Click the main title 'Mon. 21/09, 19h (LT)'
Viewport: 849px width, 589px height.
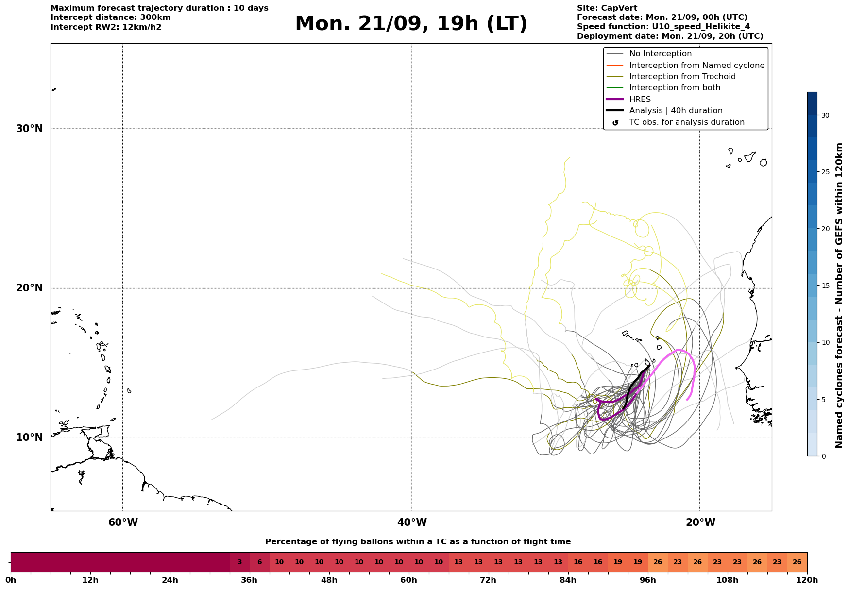[x=411, y=24]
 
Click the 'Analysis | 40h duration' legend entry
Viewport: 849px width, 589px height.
[x=664, y=111]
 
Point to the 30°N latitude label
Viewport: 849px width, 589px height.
[x=29, y=129]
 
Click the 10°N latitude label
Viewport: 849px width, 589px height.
[x=29, y=438]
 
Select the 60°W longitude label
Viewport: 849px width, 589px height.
[x=123, y=522]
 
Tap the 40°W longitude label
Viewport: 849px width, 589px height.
[x=412, y=522]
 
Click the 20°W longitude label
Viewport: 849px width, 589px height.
[x=700, y=522]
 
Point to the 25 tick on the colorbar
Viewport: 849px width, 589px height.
[x=825, y=172]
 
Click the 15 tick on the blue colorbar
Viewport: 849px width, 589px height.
[x=825, y=286]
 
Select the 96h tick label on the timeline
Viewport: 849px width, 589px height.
[x=647, y=580]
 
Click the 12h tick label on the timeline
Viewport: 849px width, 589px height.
[x=90, y=580]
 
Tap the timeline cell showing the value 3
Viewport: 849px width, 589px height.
[x=239, y=562]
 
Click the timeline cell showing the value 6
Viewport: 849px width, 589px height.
[x=259, y=562]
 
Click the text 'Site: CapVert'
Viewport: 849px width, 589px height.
[x=607, y=8]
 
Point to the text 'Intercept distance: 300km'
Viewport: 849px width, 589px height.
[x=111, y=17]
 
